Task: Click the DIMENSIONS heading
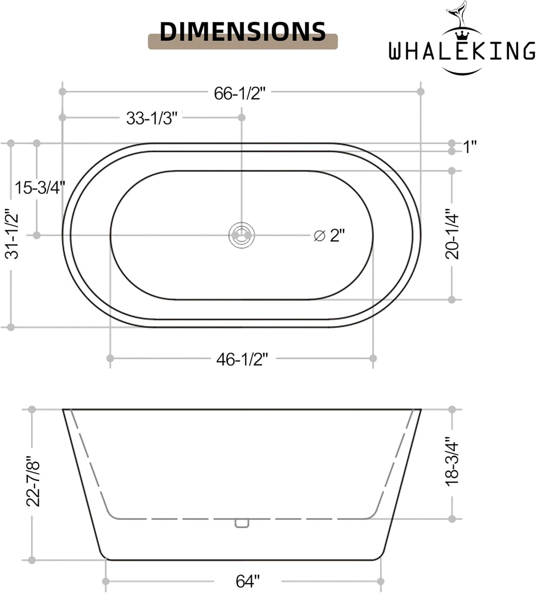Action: pos(243,31)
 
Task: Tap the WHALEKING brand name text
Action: pos(462,51)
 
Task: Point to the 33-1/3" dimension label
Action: pos(152,118)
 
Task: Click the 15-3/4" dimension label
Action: pos(40,188)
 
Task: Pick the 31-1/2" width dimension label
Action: pos(12,234)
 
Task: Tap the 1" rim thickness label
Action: pos(470,147)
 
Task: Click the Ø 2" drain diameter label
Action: pos(329,236)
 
